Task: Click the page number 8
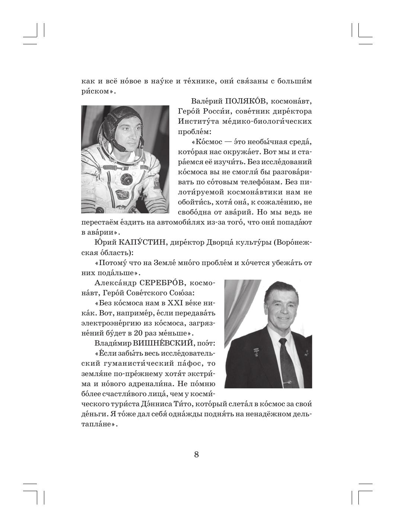197,455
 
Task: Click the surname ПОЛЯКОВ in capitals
246,101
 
